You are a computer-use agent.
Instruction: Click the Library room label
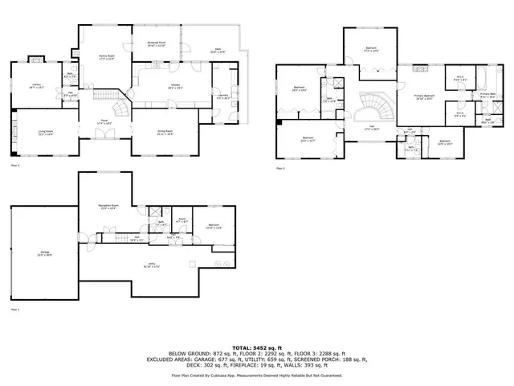37,85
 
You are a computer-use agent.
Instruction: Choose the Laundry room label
223,97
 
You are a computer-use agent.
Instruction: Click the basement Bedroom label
214,225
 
